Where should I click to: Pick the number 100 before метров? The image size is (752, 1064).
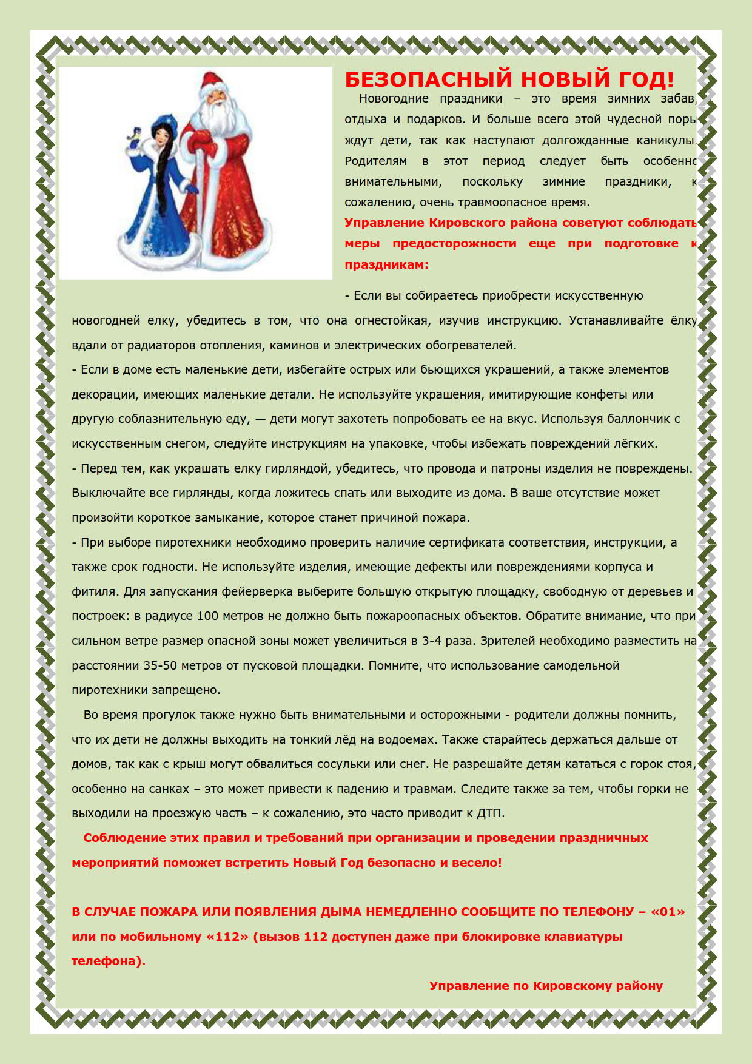tap(207, 616)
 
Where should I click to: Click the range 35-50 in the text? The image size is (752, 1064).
tap(160, 665)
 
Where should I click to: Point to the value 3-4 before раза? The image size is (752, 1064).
tap(432, 641)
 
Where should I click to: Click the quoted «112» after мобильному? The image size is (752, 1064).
tap(227, 937)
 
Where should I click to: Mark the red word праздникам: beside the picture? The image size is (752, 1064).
tap(386, 265)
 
